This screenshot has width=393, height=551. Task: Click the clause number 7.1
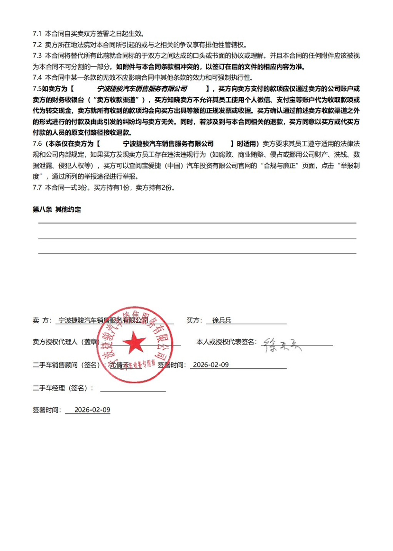[x=38, y=34]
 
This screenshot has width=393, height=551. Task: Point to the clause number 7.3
[x=38, y=56]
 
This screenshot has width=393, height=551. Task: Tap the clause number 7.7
[x=38, y=187]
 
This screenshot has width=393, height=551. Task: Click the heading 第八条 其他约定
[x=57, y=209]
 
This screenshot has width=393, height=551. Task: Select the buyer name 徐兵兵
[x=222, y=321]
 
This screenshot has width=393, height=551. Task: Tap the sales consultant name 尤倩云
[x=119, y=365]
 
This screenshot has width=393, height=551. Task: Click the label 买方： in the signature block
[x=194, y=321]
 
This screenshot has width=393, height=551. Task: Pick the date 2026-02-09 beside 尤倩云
[x=211, y=364]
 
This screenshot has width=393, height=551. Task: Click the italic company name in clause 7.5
[x=142, y=89]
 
